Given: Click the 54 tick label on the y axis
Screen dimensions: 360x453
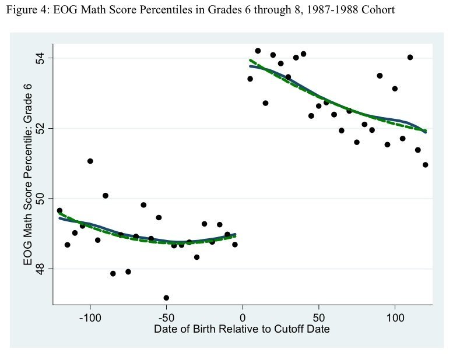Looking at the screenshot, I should pyautogui.click(x=41, y=58).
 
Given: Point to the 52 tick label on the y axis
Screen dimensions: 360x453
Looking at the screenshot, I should pyautogui.click(x=41, y=128).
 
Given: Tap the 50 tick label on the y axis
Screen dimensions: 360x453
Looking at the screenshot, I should pyautogui.click(x=41, y=199).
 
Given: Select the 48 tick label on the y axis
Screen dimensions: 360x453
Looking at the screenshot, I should pyautogui.click(x=41, y=269).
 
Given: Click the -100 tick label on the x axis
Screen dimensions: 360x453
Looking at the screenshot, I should pyautogui.click(x=90, y=318).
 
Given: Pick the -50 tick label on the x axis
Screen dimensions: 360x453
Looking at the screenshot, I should pyautogui.click(x=166, y=318).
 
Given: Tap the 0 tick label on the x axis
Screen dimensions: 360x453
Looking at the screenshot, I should pyautogui.click(x=243, y=318).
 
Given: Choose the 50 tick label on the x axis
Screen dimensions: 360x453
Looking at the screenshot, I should pyautogui.click(x=318, y=318).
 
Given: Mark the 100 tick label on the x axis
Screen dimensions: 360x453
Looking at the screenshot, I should pyautogui.click(x=395, y=318).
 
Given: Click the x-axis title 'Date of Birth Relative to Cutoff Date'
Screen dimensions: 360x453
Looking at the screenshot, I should pyautogui.click(x=242, y=329).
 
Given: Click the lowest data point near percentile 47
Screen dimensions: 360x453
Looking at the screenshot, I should pyautogui.click(x=166, y=298).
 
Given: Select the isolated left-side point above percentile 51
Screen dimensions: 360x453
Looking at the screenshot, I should pyautogui.click(x=90, y=161).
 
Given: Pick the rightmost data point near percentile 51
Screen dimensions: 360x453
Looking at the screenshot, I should pyautogui.click(x=425, y=165).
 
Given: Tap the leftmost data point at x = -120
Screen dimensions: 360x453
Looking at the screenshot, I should pyautogui.click(x=59, y=210).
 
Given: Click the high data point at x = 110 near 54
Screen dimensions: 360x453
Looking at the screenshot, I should pyautogui.click(x=410, y=57).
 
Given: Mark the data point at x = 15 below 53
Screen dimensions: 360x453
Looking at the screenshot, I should pyautogui.click(x=265, y=103).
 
